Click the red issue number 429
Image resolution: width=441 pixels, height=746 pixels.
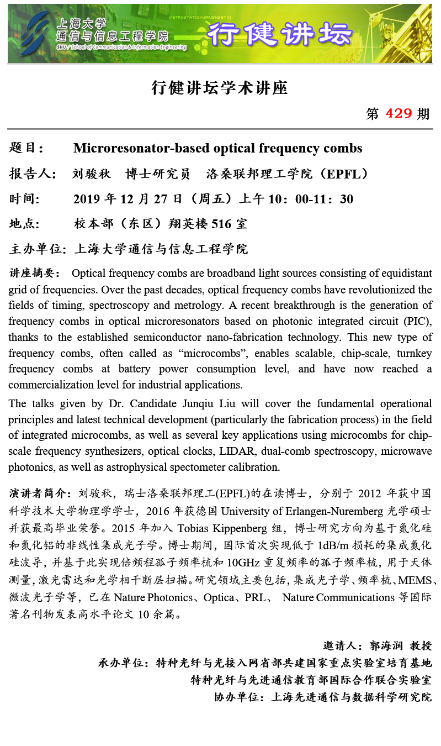[x=399, y=113]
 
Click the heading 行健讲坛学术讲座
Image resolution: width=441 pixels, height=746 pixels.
[x=220, y=88]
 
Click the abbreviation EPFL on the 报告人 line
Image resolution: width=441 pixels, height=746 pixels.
[x=344, y=174]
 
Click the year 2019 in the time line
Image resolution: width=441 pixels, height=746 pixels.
[x=87, y=199]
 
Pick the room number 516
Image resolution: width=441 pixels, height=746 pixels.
[x=221, y=224]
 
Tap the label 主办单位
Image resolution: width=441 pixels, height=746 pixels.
[x=36, y=249]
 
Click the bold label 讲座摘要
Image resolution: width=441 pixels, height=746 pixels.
[x=35, y=273]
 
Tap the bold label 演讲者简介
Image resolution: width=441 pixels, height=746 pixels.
[x=40, y=493]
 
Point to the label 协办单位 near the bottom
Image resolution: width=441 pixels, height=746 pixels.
[x=237, y=697]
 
